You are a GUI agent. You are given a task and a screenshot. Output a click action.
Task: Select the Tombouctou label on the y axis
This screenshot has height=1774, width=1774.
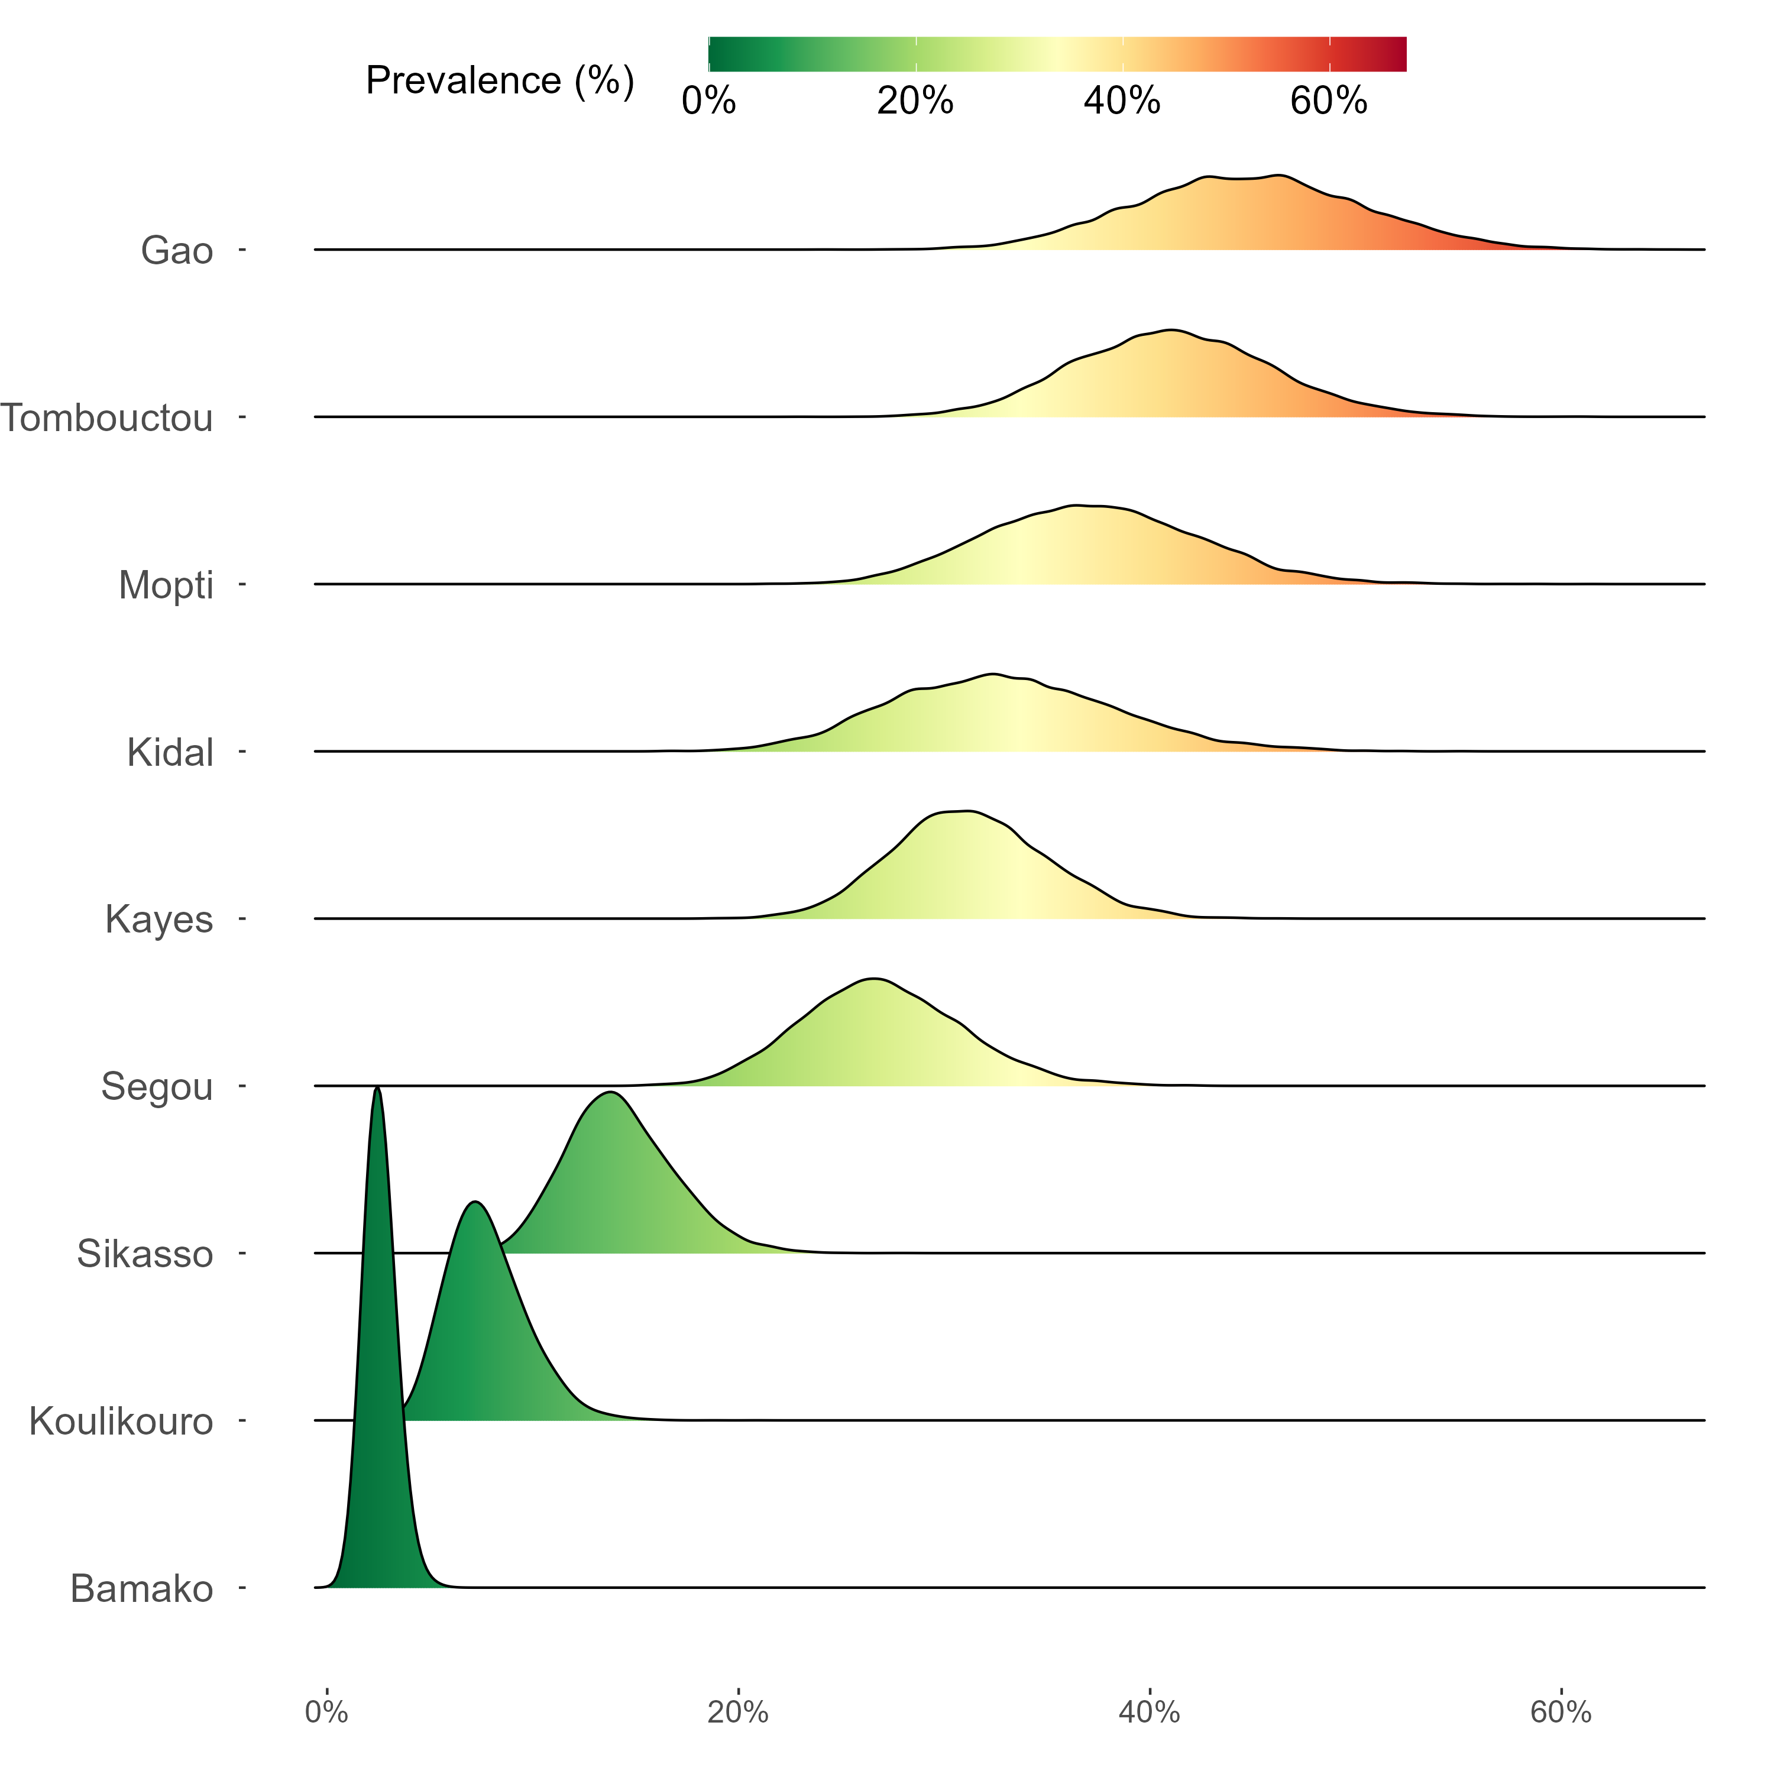[108, 419]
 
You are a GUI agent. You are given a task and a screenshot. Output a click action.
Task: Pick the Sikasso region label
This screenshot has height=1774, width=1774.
[144, 1254]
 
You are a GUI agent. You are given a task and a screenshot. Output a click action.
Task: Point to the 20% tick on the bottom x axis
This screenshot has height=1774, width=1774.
[737, 1713]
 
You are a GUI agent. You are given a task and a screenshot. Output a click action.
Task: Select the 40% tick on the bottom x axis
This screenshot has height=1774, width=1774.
[1149, 1713]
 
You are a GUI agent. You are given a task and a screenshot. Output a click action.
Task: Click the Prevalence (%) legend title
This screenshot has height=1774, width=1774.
[500, 81]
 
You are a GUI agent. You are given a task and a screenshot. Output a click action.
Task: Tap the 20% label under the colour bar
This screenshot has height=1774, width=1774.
[915, 101]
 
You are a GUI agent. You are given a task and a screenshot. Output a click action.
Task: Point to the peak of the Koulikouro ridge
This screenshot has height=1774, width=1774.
[475, 1202]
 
